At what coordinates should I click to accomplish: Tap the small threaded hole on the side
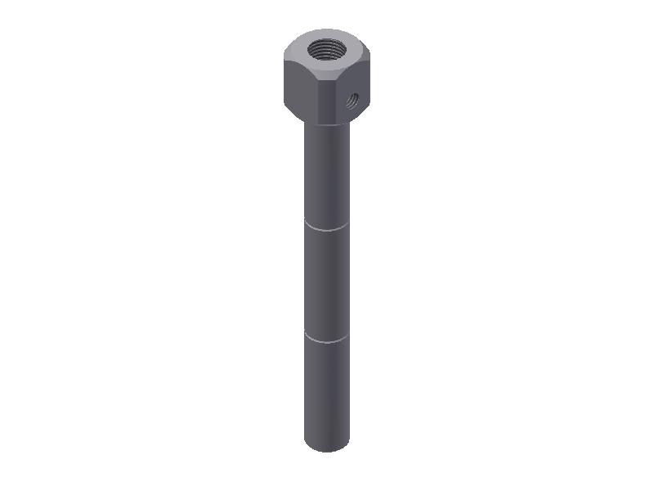point(353,101)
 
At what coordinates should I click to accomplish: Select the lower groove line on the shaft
point(327,338)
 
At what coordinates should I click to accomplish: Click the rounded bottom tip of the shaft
point(327,448)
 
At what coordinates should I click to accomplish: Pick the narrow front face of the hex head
point(327,100)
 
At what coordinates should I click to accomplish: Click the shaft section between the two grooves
point(327,282)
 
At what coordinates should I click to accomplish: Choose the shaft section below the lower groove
point(327,393)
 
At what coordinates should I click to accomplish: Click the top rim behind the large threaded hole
point(327,33)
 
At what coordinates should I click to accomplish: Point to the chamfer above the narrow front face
point(327,76)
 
